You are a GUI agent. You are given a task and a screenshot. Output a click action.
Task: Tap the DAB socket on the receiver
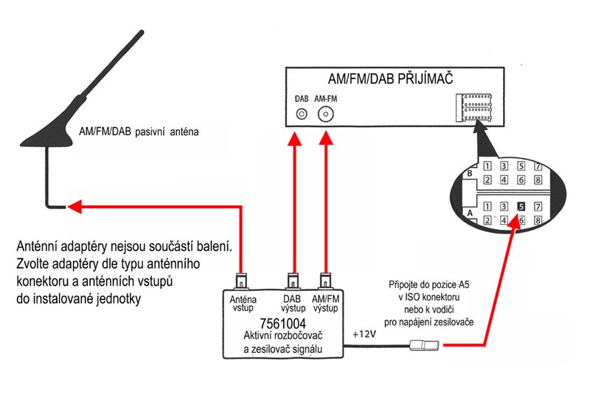coord(301,114)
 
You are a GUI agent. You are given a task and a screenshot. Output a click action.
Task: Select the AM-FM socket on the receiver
coord(325,114)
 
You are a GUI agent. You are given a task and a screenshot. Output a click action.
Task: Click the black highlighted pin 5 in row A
coord(521,207)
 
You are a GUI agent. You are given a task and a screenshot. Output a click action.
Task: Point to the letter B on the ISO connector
coord(468,173)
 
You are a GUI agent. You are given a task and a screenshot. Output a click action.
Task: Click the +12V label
coord(364,334)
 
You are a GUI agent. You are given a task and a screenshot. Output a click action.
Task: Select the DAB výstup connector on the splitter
coord(294,281)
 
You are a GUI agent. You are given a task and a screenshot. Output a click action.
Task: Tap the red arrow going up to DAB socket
coord(294,199)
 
